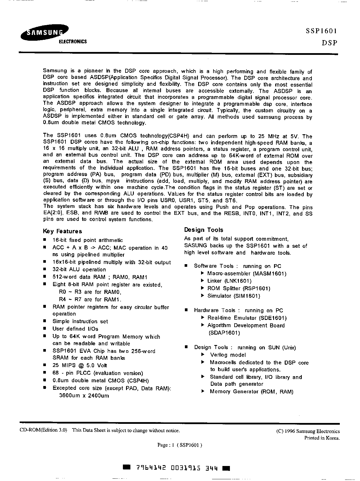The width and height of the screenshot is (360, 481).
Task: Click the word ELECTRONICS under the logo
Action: pyautogui.click(x=73, y=42)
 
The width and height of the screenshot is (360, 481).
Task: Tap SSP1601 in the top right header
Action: pyautogui.click(x=321, y=31)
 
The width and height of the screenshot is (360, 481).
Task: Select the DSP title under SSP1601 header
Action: pyautogui.click(x=329, y=43)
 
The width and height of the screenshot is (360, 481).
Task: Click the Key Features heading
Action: pyautogui.click(x=62, y=231)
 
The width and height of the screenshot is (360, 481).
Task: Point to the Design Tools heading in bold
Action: pyautogui.click(x=204, y=230)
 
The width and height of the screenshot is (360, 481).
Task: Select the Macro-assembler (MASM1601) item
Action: pyautogui.click(x=247, y=273)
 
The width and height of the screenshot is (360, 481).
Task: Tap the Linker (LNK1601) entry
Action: pyautogui.click(x=229, y=281)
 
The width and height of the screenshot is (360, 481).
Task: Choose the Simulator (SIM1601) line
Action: pyautogui.click(x=234, y=296)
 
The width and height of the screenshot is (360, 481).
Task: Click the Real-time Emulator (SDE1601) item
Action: pyautogui.click(x=247, y=318)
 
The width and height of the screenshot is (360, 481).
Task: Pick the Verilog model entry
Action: pyautogui.click(x=228, y=355)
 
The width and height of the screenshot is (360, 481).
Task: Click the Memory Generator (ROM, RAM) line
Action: pyautogui.click(x=251, y=392)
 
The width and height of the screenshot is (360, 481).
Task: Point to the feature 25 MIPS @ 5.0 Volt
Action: pyautogui.click(x=80, y=365)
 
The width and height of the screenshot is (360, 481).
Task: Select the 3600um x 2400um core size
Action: pyautogui.click(x=84, y=396)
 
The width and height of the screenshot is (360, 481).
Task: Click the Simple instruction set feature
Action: pyautogui.click(x=80, y=321)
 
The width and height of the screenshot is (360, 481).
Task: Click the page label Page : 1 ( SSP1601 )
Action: pyautogui.click(x=180, y=445)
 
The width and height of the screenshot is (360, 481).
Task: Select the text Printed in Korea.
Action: pyautogui.click(x=322, y=438)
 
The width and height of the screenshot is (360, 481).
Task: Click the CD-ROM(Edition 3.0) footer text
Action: pyautogui.click(x=44, y=430)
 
